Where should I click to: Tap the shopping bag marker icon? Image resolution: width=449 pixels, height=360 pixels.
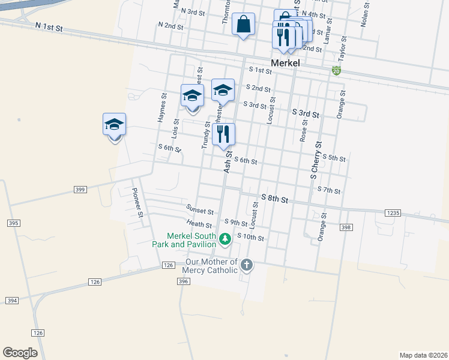[243, 25]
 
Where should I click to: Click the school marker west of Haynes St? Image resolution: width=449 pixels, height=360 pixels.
[114, 125]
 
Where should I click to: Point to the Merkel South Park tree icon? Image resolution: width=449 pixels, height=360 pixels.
[225, 239]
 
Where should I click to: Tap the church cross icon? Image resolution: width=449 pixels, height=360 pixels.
[246, 265]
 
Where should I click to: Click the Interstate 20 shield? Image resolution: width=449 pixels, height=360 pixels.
[336, 71]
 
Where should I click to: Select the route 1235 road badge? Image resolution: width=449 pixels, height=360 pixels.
[393, 212]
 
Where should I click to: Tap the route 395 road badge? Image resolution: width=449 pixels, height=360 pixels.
[14, 223]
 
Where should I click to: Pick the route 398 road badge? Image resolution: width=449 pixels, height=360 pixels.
[345, 227]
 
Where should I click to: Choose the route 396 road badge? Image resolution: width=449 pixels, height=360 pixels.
[184, 281]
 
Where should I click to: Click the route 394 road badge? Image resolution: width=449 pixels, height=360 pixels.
[11, 300]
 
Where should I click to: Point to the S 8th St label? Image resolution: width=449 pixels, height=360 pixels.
[275, 198]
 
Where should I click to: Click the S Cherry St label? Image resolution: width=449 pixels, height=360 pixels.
[316, 160]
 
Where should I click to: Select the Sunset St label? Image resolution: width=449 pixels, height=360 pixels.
[200, 211]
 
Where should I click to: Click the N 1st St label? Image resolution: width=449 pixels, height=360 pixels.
[49, 28]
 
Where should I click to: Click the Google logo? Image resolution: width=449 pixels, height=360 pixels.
[20, 353]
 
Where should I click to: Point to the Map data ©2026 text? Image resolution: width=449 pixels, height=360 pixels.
[423, 355]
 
